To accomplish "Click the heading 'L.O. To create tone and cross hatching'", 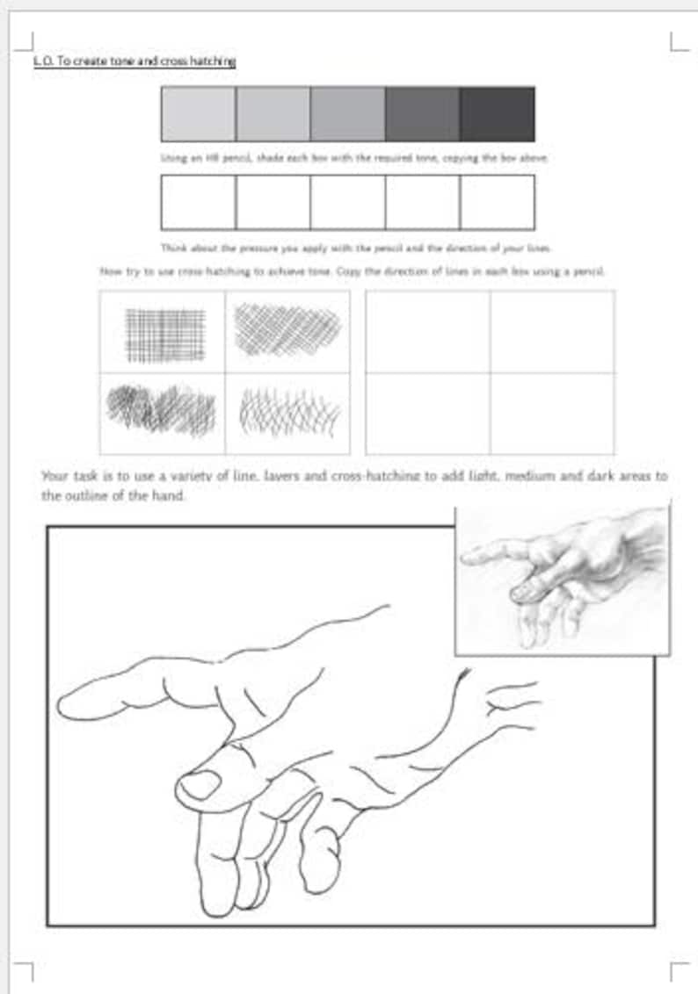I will [x=134, y=61].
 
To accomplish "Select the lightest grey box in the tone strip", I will [x=198, y=114].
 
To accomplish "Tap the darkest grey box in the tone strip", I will [x=498, y=114].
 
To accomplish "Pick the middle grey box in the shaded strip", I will [x=347, y=114].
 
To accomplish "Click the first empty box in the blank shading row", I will [x=198, y=202].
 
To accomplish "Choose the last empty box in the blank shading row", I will [x=498, y=202].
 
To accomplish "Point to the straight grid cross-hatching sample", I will [x=165, y=335].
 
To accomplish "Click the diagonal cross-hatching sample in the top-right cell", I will [x=287, y=330].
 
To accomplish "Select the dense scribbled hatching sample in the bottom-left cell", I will [x=161, y=409].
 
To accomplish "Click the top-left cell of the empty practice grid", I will [x=427, y=331].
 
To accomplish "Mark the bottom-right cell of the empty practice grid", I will [x=552, y=414].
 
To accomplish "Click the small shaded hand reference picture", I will [x=563, y=580].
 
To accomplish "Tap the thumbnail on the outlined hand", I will [x=200, y=783].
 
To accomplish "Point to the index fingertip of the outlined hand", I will [x=69, y=704].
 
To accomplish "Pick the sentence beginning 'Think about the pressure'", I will [x=355, y=248].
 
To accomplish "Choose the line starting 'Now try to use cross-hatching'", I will [x=353, y=272].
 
